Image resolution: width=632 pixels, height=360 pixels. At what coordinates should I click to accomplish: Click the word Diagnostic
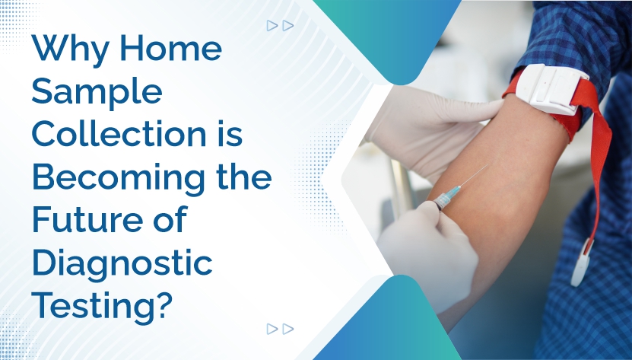coord(122,263)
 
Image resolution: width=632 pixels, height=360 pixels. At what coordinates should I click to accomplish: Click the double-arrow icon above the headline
coord(280,25)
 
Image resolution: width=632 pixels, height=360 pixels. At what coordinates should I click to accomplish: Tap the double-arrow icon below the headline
coord(280,329)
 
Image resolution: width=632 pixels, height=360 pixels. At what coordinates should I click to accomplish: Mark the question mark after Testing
coord(174,306)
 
